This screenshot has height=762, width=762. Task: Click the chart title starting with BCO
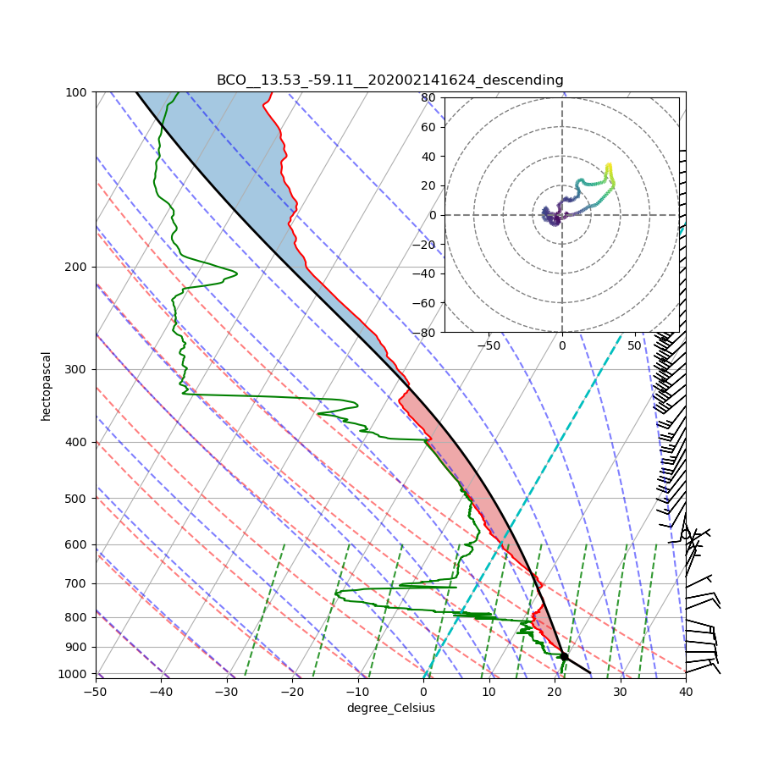point(389,80)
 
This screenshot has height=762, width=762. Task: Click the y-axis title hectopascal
point(47,385)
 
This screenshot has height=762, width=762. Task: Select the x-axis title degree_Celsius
point(390,708)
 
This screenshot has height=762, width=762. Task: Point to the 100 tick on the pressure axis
point(77,91)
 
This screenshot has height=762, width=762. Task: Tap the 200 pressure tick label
point(77,267)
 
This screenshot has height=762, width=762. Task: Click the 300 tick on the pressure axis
point(77,369)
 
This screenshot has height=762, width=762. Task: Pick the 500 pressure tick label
point(77,498)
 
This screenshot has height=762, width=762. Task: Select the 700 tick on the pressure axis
point(77,583)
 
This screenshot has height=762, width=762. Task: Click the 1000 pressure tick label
point(75,674)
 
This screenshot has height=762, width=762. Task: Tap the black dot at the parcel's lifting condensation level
point(564,656)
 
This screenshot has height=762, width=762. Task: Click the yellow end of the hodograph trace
point(609,165)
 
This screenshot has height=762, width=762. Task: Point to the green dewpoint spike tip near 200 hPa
point(236,273)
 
